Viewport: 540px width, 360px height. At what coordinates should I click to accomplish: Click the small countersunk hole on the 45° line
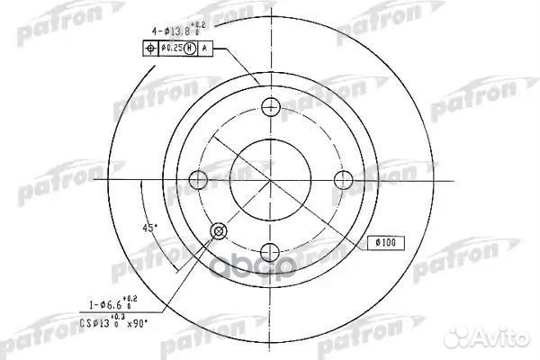pyautogui.click(x=218, y=234)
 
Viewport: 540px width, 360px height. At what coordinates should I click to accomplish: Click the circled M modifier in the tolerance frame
pyautogui.click(x=189, y=48)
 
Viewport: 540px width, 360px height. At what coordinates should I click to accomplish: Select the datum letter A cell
pyautogui.click(x=205, y=48)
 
